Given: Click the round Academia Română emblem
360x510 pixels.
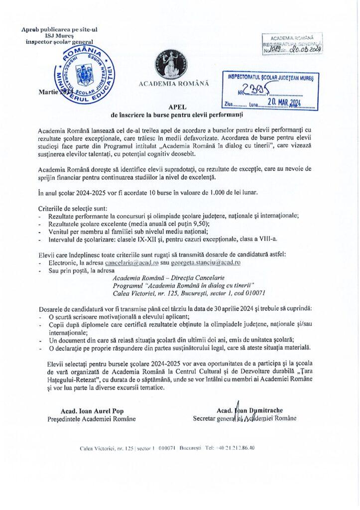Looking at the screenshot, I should coord(171,63).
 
